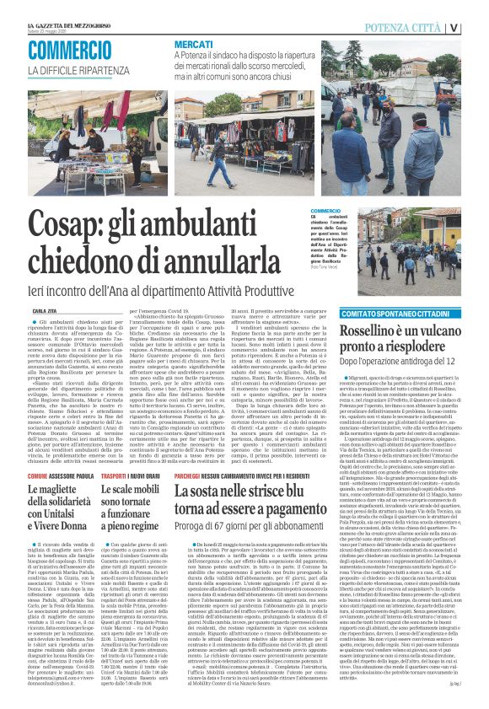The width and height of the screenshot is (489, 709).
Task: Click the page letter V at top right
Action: pyautogui.click(x=477, y=27)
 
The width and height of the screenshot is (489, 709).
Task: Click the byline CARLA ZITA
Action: pyautogui.click(x=45, y=311)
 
